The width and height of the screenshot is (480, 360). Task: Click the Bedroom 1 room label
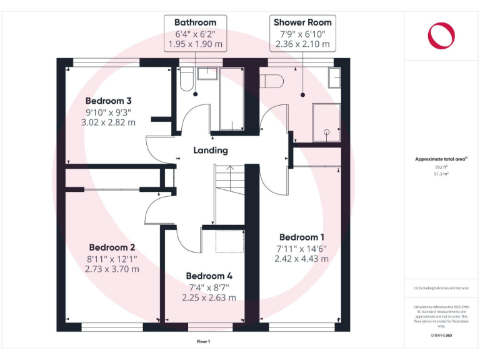[x=302, y=237]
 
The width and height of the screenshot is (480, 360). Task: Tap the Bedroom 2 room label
[x=111, y=247]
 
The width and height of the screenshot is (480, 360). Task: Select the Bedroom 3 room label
[x=108, y=101]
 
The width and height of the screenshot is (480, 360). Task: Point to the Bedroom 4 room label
[x=209, y=276]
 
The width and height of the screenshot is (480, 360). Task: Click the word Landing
[x=210, y=150]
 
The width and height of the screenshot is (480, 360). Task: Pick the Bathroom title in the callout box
[x=195, y=22]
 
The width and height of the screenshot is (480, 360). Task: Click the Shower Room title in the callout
[x=302, y=22]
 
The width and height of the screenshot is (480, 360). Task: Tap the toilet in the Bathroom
[x=186, y=81]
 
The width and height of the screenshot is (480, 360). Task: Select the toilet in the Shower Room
[x=272, y=81]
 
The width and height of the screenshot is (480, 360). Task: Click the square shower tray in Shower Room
[x=326, y=121]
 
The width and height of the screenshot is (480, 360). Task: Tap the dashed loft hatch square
[x=228, y=241]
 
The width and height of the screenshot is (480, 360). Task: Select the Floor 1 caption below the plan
[x=204, y=341]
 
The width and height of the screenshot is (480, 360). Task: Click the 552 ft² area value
[x=442, y=167]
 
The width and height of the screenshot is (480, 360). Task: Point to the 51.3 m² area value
[x=442, y=174]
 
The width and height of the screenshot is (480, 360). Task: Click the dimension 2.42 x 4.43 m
[x=302, y=258]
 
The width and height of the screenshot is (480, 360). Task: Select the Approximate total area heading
[x=441, y=159]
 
